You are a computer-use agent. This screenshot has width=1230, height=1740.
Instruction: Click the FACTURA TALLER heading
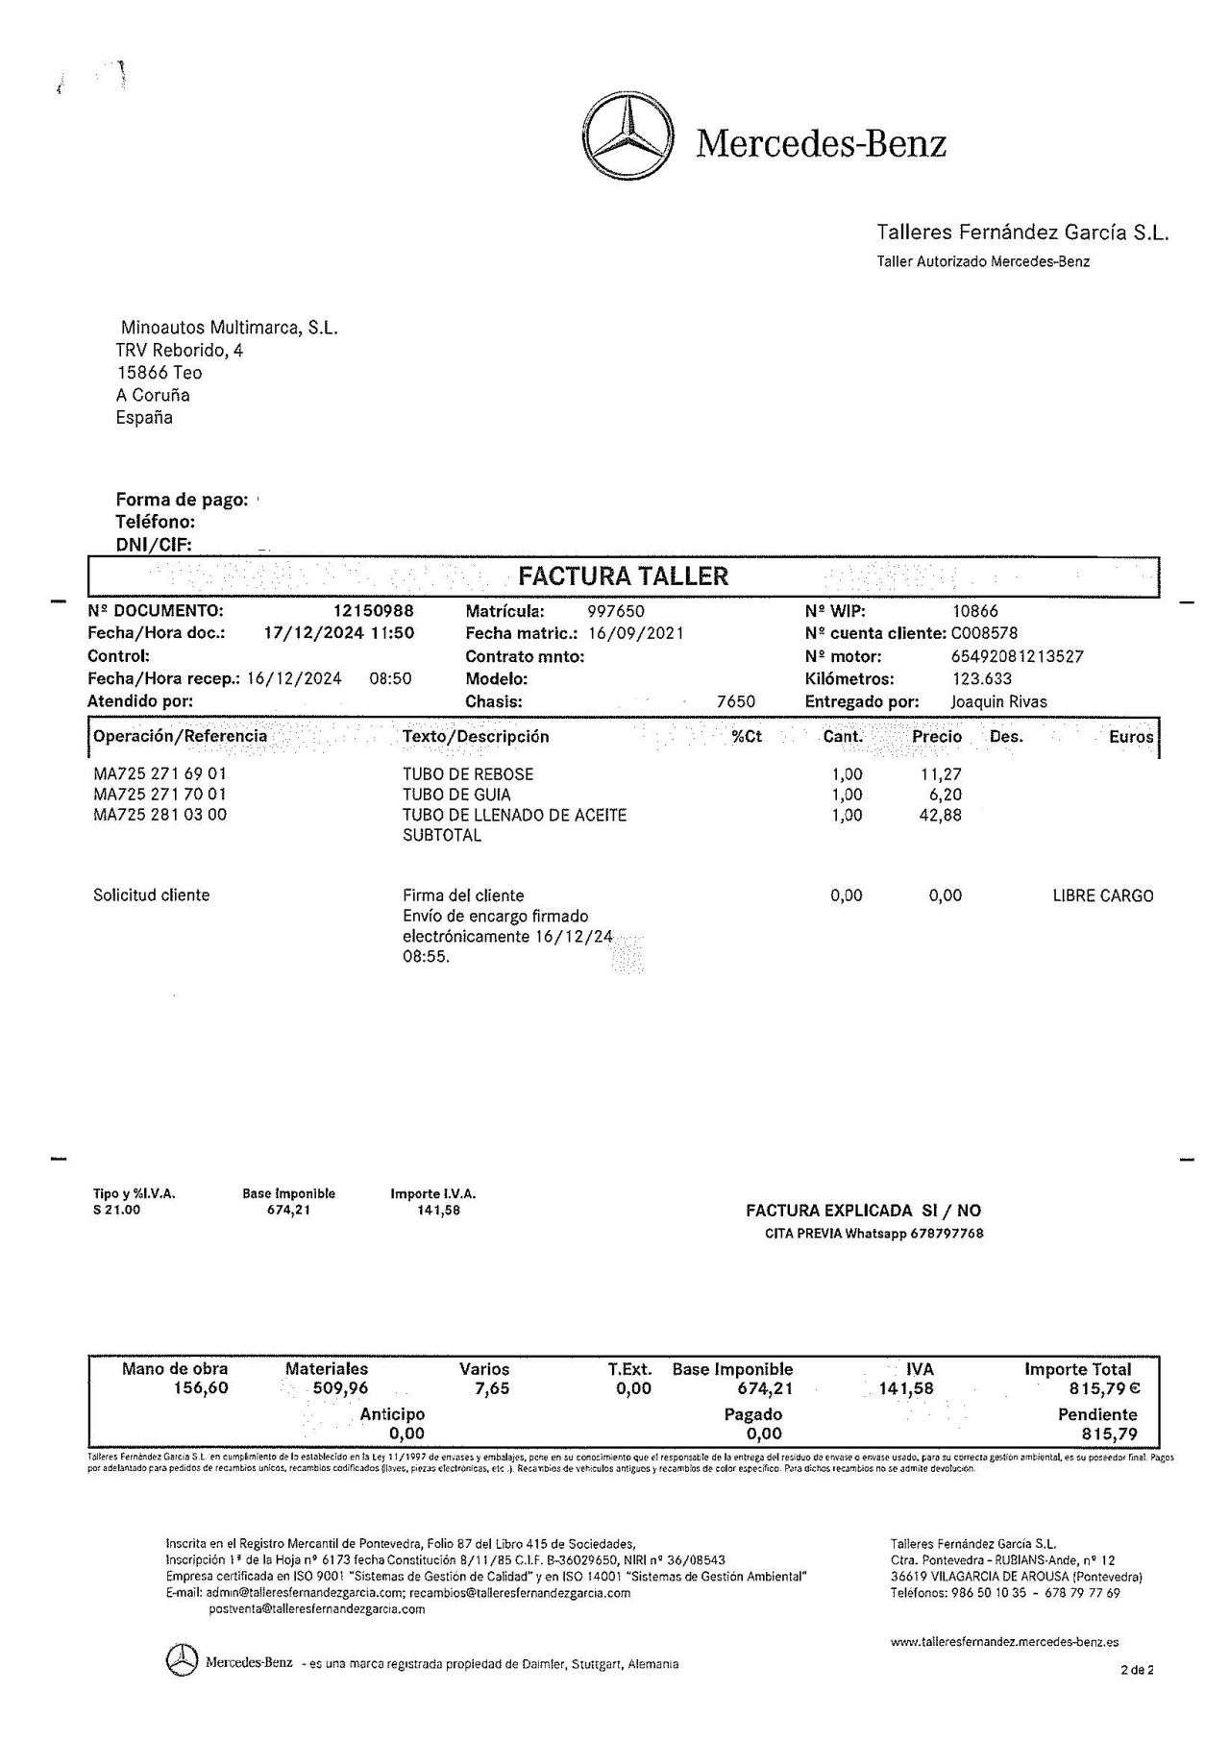click(x=623, y=576)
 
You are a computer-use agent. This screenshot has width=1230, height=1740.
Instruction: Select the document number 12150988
click(x=374, y=611)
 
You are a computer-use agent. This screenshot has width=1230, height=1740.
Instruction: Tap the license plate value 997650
click(x=616, y=611)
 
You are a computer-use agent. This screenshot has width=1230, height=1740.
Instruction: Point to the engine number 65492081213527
click(x=1017, y=656)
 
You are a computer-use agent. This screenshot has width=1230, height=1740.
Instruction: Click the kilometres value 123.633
click(x=981, y=678)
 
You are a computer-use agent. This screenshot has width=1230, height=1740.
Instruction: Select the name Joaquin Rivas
click(x=998, y=701)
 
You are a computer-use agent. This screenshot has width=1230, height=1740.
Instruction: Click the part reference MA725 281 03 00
click(x=160, y=815)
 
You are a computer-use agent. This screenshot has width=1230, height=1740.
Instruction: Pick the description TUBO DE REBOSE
click(x=468, y=773)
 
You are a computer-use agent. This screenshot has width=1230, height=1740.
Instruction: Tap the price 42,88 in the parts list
click(x=941, y=815)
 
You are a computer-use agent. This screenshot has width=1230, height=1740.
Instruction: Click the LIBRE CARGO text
click(x=1103, y=895)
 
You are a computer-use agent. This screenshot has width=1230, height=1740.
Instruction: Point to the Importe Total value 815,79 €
click(x=1104, y=1388)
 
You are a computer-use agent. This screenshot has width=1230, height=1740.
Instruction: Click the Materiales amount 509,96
click(x=340, y=1388)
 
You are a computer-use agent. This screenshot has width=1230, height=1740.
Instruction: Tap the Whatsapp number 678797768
click(x=947, y=1234)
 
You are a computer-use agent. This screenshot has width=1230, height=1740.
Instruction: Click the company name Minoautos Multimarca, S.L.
click(x=230, y=328)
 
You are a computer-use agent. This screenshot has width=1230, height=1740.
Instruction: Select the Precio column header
click(x=936, y=737)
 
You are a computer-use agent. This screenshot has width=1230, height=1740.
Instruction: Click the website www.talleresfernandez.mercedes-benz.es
click(x=1004, y=1642)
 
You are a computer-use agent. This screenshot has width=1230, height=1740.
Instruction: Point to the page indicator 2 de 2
click(x=1137, y=1669)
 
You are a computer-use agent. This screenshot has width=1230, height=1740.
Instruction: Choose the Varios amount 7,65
click(x=491, y=1388)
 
